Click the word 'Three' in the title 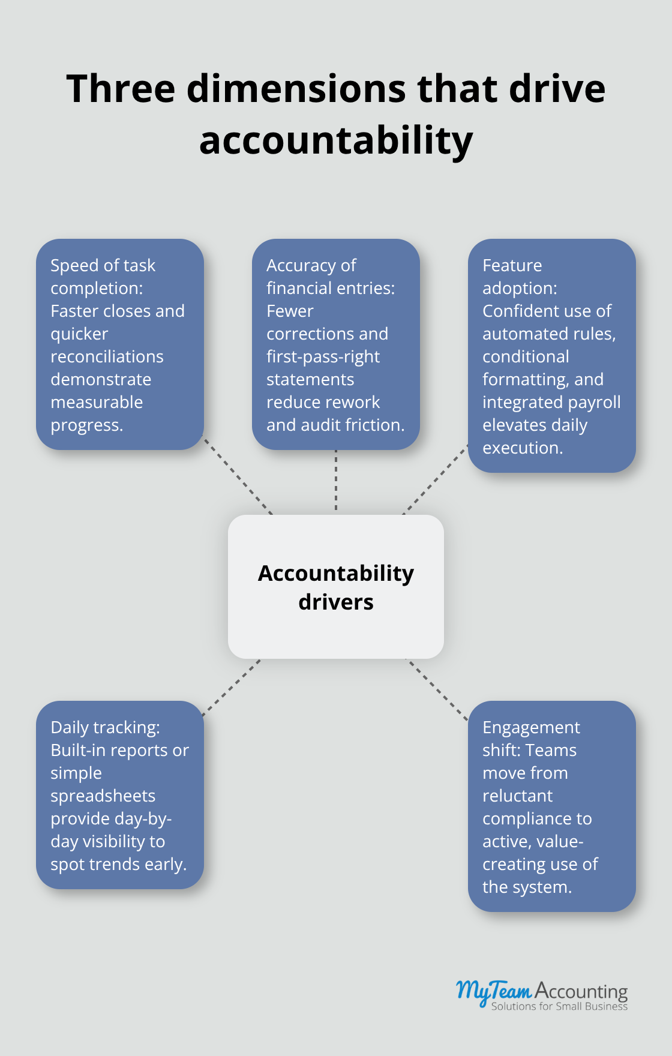click(x=121, y=89)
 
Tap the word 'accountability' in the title click(x=336, y=142)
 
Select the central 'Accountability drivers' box click(x=336, y=587)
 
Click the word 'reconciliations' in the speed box click(x=107, y=356)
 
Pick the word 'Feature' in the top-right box click(x=512, y=265)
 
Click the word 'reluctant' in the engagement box click(x=517, y=796)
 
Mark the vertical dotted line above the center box click(x=336, y=480)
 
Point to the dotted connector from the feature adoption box click(x=435, y=479)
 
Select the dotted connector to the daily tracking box click(x=232, y=688)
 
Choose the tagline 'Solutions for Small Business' click(x=559, y=1006)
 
